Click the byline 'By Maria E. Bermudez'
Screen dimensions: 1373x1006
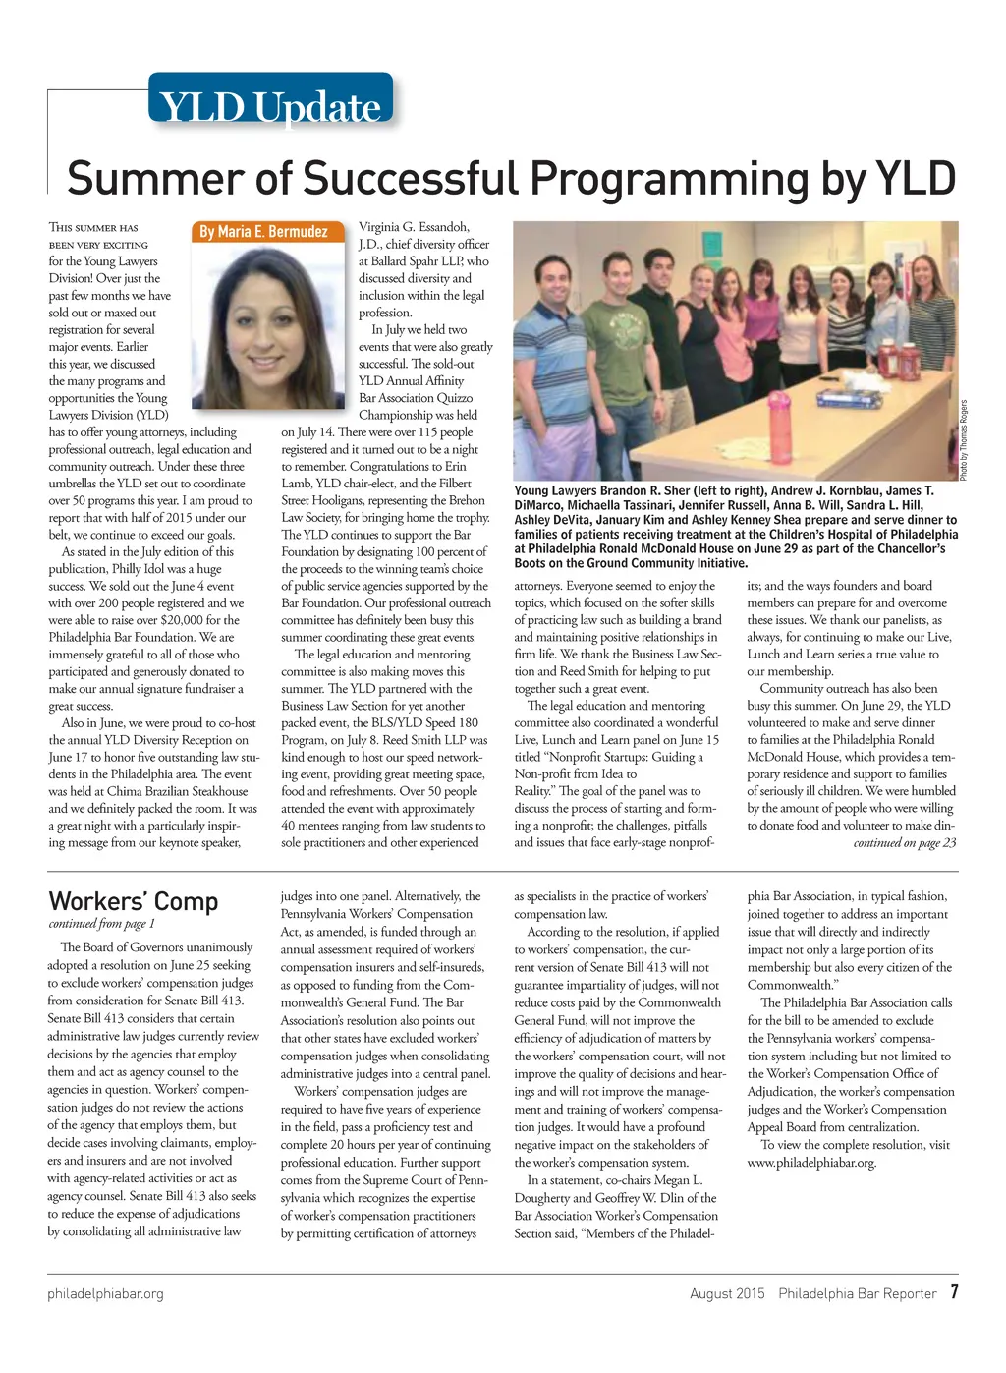263,232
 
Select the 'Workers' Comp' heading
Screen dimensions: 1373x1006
133,901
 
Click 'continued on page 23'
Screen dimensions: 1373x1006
904,843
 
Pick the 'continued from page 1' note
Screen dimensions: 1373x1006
101,924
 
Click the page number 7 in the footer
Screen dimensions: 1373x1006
953,1292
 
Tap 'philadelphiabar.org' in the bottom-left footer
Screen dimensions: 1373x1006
105,1293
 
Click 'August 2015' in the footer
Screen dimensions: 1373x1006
727,1293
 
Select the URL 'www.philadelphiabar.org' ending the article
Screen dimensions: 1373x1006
810,1163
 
